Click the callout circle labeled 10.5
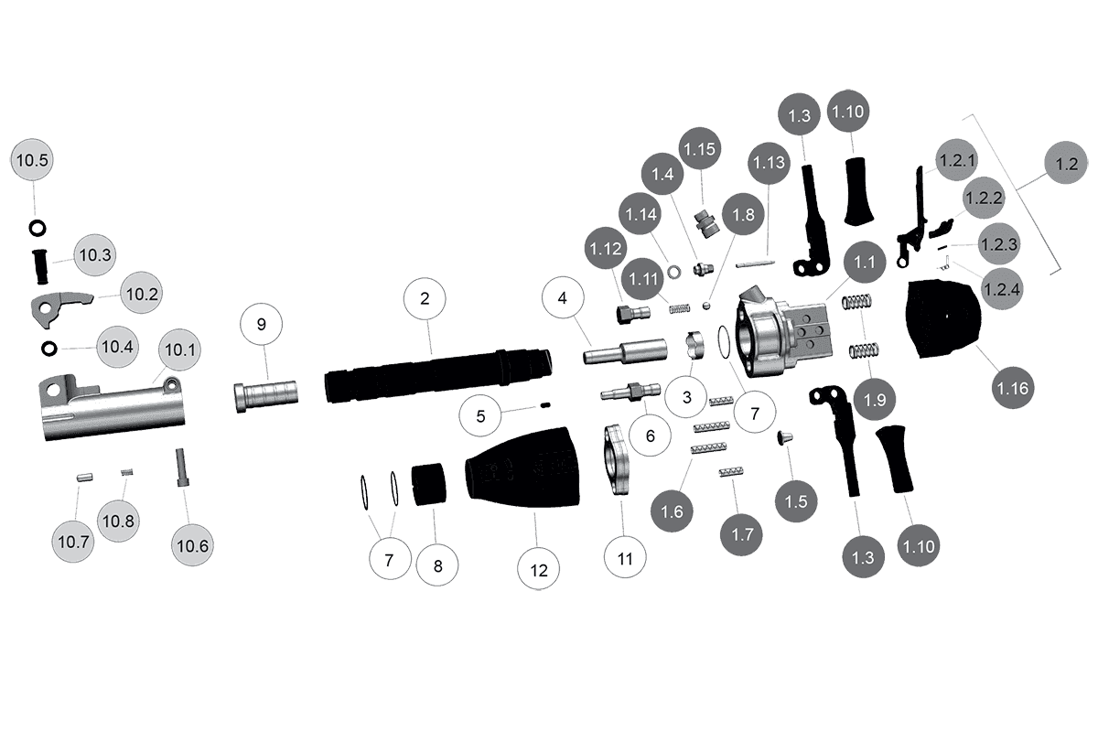32,160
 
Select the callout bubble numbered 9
262,325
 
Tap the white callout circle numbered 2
425,298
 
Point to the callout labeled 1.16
1013,388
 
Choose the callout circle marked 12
538,569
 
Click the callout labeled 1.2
1066,166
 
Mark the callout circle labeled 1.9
875,399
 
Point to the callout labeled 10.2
143,294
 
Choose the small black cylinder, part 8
427,485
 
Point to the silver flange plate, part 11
619,459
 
